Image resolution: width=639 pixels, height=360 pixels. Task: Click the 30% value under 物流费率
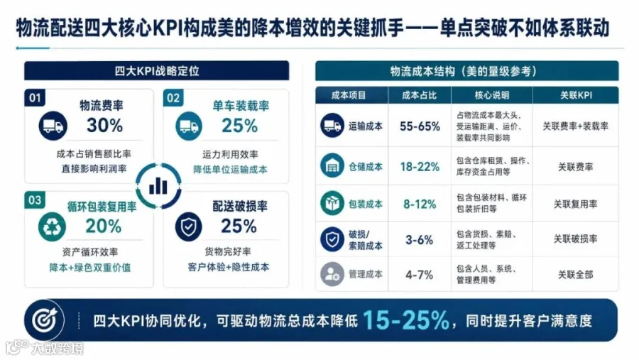(x=105, y=125)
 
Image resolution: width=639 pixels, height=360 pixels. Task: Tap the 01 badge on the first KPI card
(x=35, y=98)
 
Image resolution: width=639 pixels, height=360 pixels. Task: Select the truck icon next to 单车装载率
(x=189, y=126)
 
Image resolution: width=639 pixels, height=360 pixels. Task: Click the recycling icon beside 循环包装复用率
(x=52, y=227)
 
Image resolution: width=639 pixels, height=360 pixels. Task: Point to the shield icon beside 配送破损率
(x=189, y=227)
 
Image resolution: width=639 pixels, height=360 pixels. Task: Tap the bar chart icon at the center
(x=158, y=186)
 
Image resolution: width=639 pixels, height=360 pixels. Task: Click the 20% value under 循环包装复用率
(x=104, y=227)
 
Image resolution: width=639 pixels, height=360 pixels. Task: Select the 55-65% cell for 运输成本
(x=420, y=126)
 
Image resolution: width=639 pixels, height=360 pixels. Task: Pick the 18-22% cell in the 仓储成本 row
(x=420, y=167)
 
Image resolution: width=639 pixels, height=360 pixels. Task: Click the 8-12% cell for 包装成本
(x=420, y=204)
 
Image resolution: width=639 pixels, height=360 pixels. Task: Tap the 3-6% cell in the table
(x=420, y=240)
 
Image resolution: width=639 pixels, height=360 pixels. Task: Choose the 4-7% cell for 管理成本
(x=420, y=275)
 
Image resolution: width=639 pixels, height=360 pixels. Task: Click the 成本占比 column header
(x=420, y=95)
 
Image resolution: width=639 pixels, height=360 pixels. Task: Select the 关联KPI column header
(x=576, y=95)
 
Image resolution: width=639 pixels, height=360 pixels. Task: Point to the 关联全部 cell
(x=575, y=275)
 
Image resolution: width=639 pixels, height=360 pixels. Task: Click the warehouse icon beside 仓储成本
(x=332, y=165)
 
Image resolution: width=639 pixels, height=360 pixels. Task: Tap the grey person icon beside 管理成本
(x=332, y=274)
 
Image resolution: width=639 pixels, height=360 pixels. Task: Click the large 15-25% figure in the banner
(x=406, y=320)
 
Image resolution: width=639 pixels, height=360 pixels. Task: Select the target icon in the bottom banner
(x=45, y=320)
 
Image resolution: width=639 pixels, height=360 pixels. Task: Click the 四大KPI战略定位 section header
(x=157, y=71)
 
